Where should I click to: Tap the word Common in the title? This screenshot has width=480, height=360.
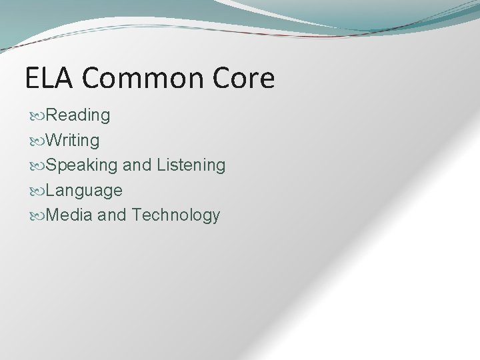click(141, 79)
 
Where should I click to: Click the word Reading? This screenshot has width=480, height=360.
click(79, 116)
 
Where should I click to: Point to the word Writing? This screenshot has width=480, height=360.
click(73, 141)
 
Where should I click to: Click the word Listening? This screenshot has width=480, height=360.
click(191, 165)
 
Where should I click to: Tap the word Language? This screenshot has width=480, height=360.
click(85, 190)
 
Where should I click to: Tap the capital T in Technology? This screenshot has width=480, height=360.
click(137, 215)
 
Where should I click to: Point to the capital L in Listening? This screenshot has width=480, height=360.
click(160, 165)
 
